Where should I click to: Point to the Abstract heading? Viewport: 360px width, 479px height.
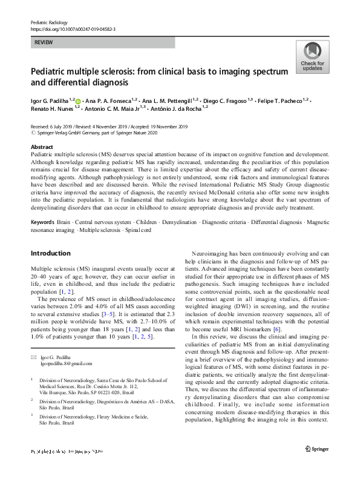pos(41,147)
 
